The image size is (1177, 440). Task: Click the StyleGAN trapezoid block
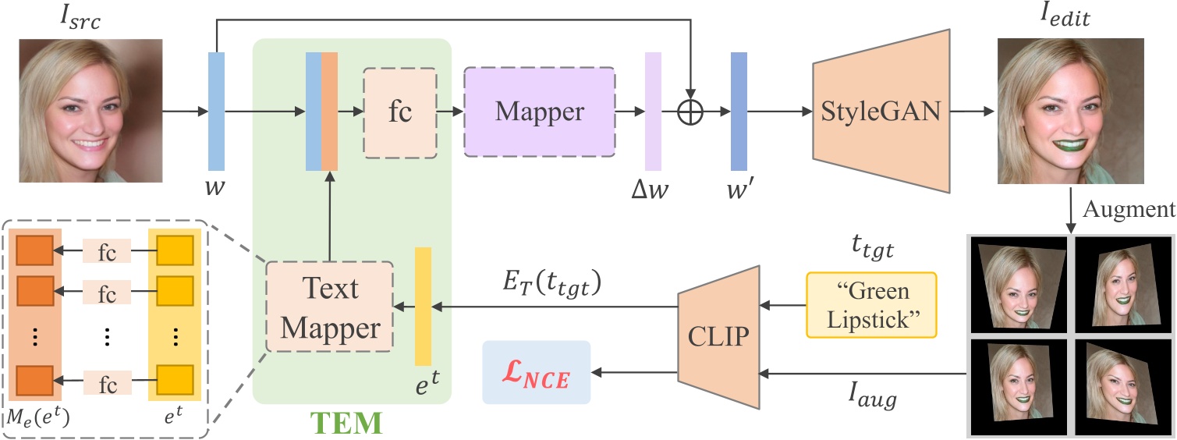[x=881, y=112]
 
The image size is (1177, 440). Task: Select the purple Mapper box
[x=540, y=112]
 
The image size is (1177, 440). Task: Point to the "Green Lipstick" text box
[x=870, y=304]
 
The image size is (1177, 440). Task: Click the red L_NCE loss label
[x=537, y=372]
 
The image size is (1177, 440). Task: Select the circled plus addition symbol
[x=691, y=112]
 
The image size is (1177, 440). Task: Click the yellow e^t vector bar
[x=423, y=307]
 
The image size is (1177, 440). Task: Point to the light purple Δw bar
[x=653, y=112]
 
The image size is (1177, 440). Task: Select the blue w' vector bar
[x=739, y=112]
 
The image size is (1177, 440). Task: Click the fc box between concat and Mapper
[x=400, y=112]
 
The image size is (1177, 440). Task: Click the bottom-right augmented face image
[x=1120, y=382]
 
